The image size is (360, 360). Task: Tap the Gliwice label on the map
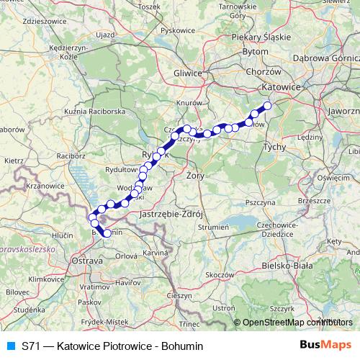pos(189,73)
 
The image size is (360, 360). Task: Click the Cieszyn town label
pos(179,295)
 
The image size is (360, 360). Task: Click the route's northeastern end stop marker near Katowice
pos(267,106)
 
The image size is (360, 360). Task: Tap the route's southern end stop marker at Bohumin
pos(107,233)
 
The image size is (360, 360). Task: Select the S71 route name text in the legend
pos(112,346)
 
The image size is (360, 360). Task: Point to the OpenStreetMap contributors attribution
pos(297,323)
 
